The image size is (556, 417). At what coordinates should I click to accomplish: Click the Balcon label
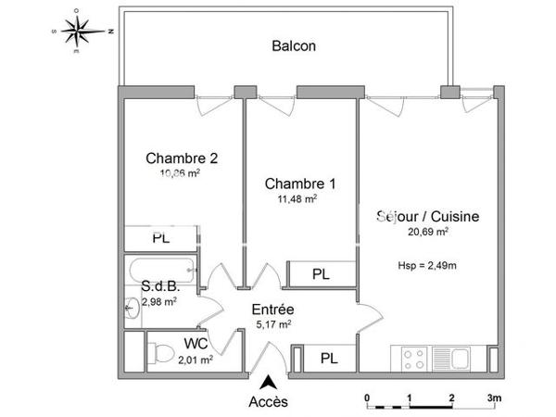(x=295, y=45)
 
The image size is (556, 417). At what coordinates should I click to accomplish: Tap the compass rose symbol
(x=82, y=29)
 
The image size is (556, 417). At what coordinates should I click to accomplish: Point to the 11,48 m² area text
(x=298, y=197)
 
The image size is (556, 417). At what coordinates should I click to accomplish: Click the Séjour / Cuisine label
(x=427, y=217)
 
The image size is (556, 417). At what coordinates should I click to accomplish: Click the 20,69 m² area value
(x=427, y=233)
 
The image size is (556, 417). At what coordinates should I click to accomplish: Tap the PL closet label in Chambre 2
(x=162, y=237)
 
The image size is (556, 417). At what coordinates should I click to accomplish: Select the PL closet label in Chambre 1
(x=321, y=274)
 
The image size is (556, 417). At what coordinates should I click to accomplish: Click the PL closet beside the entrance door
(x=328, y=358)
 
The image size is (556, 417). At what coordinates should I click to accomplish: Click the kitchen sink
(x=461, y=356)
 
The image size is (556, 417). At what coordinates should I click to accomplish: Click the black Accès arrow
(x=269, y=380)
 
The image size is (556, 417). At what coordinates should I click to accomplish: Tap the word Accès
(x=269, y=401)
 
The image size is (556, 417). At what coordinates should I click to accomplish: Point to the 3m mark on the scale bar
(x=494, y=399)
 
